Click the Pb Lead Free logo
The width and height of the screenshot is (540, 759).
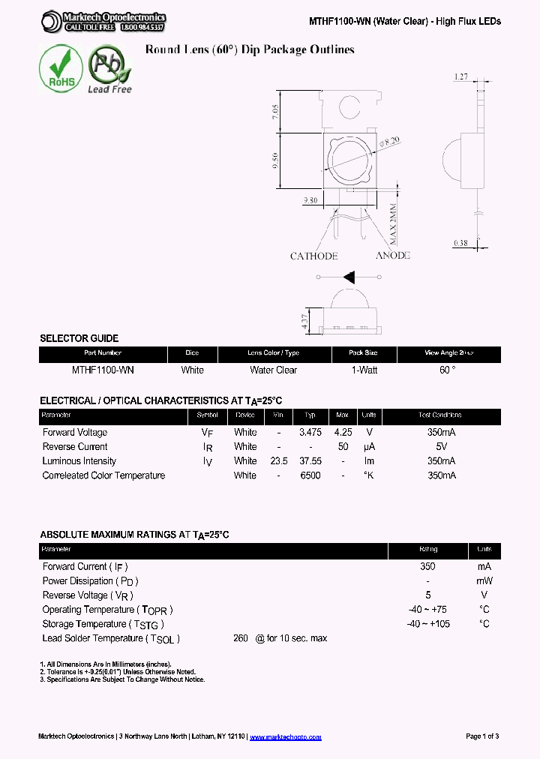point(109,69)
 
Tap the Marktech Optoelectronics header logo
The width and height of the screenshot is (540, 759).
point(103,22)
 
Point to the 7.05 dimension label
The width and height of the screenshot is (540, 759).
point(276,113)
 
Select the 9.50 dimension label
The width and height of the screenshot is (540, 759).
point(276,160)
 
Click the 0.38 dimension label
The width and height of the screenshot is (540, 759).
point(461,242)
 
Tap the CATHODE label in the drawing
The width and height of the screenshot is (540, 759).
point(313,256)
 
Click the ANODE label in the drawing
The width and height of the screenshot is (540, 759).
point(392,256)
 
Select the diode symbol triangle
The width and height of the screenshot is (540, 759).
point(349,277)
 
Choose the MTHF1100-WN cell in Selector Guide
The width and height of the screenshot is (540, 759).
point(103,370)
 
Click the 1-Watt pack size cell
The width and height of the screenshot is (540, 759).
point(364,370)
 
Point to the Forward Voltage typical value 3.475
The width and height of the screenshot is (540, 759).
point(310,433)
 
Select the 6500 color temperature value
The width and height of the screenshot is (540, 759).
point(310,475)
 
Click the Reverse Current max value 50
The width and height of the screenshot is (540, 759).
point(343,447)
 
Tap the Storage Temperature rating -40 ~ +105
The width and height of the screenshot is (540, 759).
point(428,624)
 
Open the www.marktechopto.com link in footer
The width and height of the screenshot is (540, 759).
point(285,736)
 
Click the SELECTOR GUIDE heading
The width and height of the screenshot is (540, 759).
point(79,338)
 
